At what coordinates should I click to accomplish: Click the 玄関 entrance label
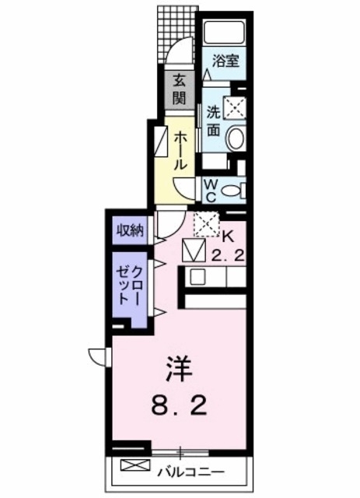(179, 89)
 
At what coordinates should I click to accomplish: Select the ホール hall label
(180, 151)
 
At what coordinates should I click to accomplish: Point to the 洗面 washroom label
(213, 121)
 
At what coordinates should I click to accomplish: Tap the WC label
(211, 188)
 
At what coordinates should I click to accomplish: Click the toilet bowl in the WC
(237, 189)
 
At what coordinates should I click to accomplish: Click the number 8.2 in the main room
(177, 406)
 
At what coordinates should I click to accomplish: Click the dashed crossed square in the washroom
(235, 107)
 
